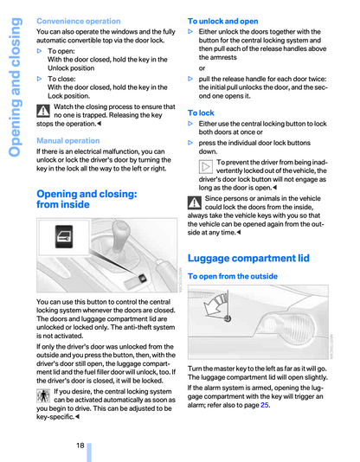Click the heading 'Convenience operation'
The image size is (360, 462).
[x=79, y=22]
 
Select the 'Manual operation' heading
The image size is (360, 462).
[x=68, y=140]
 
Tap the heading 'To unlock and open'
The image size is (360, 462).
[x=222, y=22]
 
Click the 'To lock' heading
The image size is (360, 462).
[x=201, y=112]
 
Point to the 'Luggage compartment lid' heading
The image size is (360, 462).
[x=248, y=258]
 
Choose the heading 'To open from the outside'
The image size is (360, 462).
[x=233, y=276]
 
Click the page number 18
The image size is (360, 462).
[x=80, y=446]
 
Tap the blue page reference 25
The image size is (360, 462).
[x=264, y=405]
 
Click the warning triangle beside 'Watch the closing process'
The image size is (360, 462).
[x=43, y=111]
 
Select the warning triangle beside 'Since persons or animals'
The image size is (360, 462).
[x=195, y=202]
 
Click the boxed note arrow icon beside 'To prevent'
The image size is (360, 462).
[x=206, y=167]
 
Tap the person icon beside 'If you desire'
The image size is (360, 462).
[x=43, y=395]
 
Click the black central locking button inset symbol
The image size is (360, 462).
[x=64, y=237]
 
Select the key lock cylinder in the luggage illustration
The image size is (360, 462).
[x=227, y=318]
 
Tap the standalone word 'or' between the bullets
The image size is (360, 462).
[x=202, y=68]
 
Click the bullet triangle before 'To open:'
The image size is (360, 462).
[x=39, y=51]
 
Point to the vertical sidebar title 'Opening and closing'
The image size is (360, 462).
[x=15, y=87]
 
